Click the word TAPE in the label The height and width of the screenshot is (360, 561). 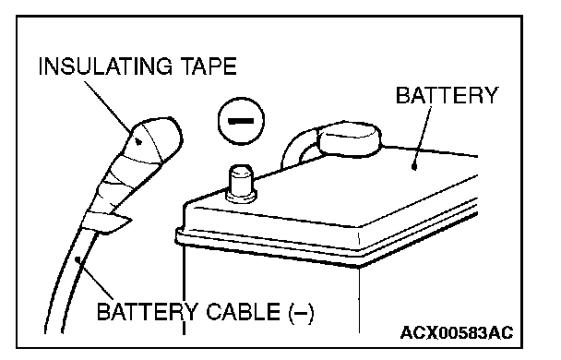pos(209,66)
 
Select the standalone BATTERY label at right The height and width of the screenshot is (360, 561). pos(447,95)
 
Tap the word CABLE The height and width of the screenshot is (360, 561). pos(243,311)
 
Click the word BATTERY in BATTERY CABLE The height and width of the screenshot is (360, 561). pos(147,311)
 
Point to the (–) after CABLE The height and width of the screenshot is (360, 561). pos(301,313)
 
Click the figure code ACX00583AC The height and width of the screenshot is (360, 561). pos(457,332)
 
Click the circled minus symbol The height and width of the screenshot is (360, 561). pos(241,121)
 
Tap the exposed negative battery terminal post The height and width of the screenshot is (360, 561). pos(241,183)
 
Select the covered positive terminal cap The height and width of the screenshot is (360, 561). pos(349,139)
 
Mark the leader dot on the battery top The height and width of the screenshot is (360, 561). pos(414,166)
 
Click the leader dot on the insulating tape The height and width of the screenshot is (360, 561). pos(138,142)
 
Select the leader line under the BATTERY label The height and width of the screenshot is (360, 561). pos(423,136)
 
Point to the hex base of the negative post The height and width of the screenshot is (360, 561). pos(241,196)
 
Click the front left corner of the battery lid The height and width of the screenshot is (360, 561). pos(185,205)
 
